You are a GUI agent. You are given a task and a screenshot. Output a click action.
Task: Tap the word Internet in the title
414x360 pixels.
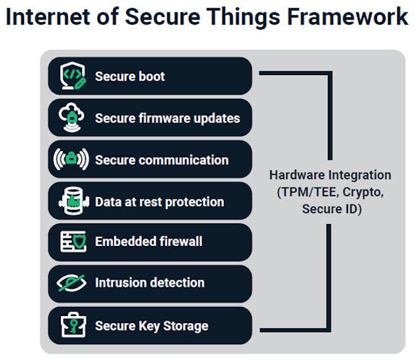coord(47,17)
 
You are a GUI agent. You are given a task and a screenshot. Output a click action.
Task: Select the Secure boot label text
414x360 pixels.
coord(129,76)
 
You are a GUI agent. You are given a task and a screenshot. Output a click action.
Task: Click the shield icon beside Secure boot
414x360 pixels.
coord(72,76)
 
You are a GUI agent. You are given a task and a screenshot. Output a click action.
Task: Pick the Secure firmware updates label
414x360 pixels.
coord(167,118)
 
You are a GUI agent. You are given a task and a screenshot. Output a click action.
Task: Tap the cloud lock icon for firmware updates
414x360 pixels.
coord(72,117)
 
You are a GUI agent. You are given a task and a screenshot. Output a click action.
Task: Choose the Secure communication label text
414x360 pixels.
coord(161,160)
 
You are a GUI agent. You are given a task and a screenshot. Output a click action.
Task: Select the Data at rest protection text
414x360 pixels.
coord(159,201)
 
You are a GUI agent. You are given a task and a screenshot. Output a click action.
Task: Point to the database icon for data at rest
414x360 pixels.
coord(72,201)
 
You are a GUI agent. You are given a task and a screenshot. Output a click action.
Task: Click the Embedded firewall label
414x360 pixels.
coord(148,242)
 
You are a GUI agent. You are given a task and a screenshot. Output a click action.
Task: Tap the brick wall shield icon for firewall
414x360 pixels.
coord(72,242)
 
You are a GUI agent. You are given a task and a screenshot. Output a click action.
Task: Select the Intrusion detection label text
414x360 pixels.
coord(149,283)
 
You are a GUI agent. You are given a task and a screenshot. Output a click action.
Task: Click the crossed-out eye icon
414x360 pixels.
coord(72,283)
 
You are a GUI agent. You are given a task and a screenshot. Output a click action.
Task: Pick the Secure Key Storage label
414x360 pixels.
coord(151,325)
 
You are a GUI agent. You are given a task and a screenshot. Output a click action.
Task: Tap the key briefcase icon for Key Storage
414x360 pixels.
coord(72,325)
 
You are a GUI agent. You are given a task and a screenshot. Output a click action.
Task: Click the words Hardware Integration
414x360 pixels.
coord(330,175)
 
